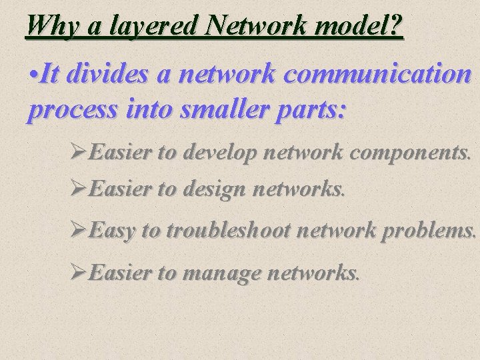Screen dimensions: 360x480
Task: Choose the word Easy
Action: pos(113,231)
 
